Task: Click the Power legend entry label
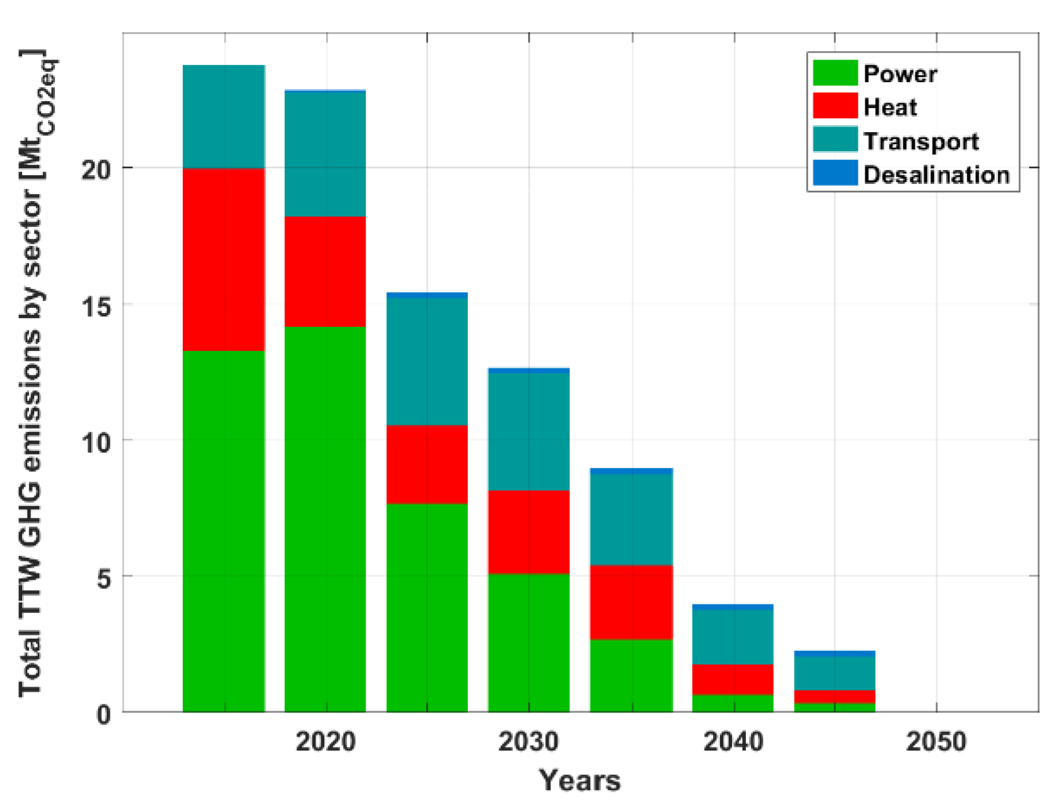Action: pyautogui.click(x=900, y=74)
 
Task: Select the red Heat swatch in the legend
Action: pyautogui.click(x=834, y=106)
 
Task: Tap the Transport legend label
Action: pyautogui.click(x=920, y=141)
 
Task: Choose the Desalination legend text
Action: pyautogui.click(x=936, y=175)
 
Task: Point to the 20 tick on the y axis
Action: pyautogui.click(x=96, y=169)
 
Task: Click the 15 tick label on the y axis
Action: pyautogui.click(x=96, y=306)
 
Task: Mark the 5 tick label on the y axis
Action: pyautogui.click(x=104, y=578)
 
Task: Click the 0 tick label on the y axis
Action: pyautogui.click(x=104, y=714)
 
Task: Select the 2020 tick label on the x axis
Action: pyautogui.click(x=326, y=742)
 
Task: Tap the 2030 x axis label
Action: pyautogui.click(x=528, y=742)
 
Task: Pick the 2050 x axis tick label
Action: pyautogui.click(x=936, y=742)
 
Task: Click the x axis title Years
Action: pyautogui.click(x=580, y=780)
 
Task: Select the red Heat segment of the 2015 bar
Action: pyautogui.click(x=224, y=259)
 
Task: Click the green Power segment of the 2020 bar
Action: pyautogui.click(x=325, y=518)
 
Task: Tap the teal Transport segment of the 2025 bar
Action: pyautogui.click(x=427, y=360)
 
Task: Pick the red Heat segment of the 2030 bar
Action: pyautogui.click(x=528, y=531)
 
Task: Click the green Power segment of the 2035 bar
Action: pyautogui.click(x=631, y=675)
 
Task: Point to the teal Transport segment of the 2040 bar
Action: pyautogui.click(x=733, y=636)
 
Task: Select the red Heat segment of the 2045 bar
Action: pyautogui.click(x=834, y=696)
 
